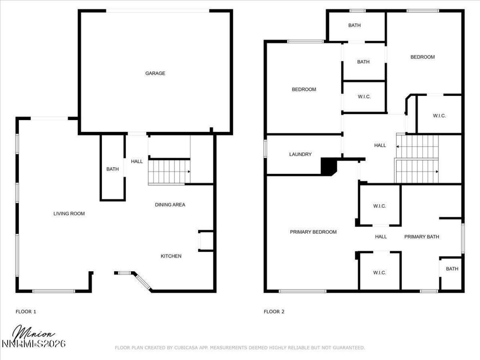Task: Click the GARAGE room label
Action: point(155,73)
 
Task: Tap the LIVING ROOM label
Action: point(69,214)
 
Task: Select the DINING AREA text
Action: point(170,205)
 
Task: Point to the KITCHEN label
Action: point(171,256)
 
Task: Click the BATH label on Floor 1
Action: point(112,169)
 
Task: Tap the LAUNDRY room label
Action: point(300,154)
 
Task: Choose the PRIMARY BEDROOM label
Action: point(313,232)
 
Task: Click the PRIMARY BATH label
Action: point(421,237)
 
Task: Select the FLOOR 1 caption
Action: point(26,312)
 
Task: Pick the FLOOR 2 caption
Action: point(274,312)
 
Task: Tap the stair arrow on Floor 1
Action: point(189,171)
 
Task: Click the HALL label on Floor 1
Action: point(137,162)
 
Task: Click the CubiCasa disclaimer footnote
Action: point(240,348)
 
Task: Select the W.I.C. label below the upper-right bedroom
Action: point(439,116)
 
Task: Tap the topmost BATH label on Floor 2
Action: point(354,25)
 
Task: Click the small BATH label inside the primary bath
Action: point(452,269)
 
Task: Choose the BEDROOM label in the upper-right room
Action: point(423,57)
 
